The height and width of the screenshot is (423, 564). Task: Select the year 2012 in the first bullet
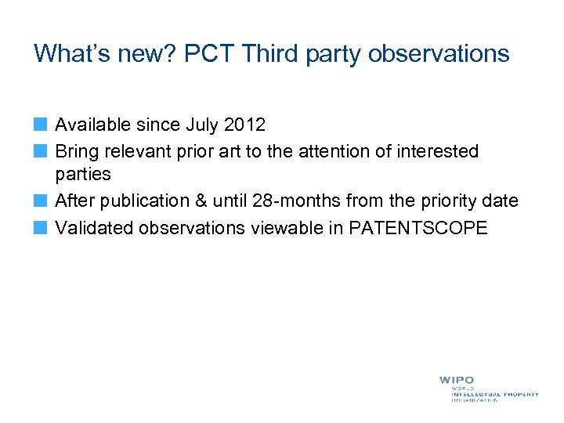244,125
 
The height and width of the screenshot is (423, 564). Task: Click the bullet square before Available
40,125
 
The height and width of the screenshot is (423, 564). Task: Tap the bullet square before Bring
40,150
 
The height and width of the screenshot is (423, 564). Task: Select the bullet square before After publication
40,201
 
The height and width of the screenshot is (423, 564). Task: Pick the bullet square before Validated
40,227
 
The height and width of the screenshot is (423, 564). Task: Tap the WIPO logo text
456,381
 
